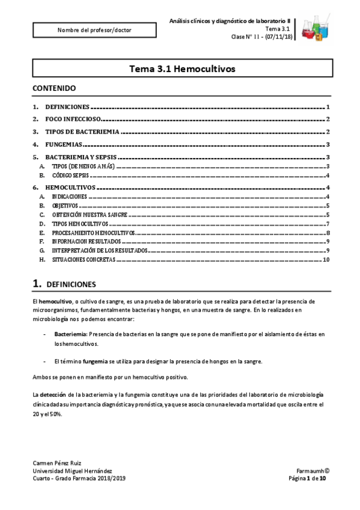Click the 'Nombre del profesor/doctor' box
pos(94,29)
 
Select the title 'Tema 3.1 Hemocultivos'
pos(182,70)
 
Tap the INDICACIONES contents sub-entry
pos(70,197)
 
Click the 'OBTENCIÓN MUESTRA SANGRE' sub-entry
pos(88,214)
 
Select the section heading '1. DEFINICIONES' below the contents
pos(63,283)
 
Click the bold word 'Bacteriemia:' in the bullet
pos(71,333)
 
